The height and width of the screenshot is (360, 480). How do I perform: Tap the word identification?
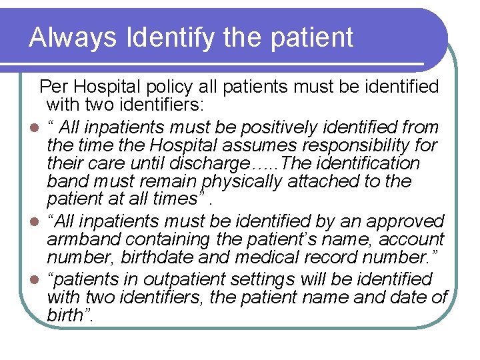[373, 163]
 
